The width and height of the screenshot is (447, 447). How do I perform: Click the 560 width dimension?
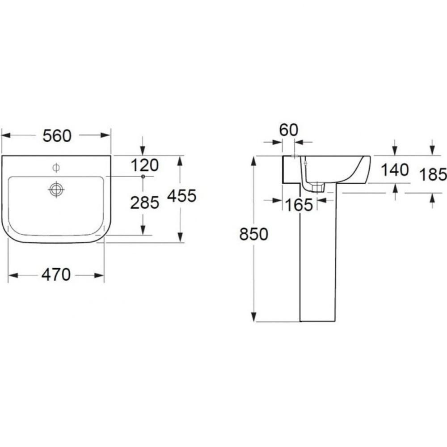tap(57, 136)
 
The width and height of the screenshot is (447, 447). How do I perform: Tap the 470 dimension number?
tap(56, 275)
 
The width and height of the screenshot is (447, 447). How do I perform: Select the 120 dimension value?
tap(145, 165)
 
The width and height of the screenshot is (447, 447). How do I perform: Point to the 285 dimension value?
tap(144, 203)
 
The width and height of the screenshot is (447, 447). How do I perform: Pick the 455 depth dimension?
tap(182, 196)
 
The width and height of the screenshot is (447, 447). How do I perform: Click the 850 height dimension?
tap(254, 234)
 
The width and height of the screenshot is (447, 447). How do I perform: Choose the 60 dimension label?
tap(288, 130)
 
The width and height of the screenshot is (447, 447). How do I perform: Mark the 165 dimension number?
tap(299, 205)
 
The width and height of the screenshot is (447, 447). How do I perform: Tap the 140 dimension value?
tap(395, 170)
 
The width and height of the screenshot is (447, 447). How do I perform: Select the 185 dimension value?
tap(433, 174)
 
